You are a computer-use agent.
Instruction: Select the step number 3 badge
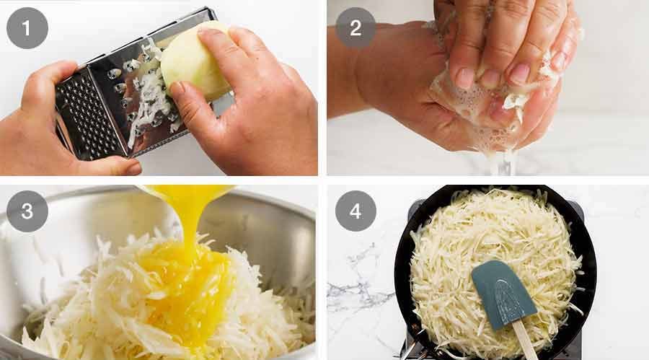[x=27, y=211]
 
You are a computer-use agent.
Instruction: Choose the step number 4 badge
[x=356, y=211]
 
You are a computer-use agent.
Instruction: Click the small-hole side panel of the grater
[x=83, y=115]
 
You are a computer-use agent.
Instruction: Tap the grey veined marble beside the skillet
[x=361, y=289]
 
